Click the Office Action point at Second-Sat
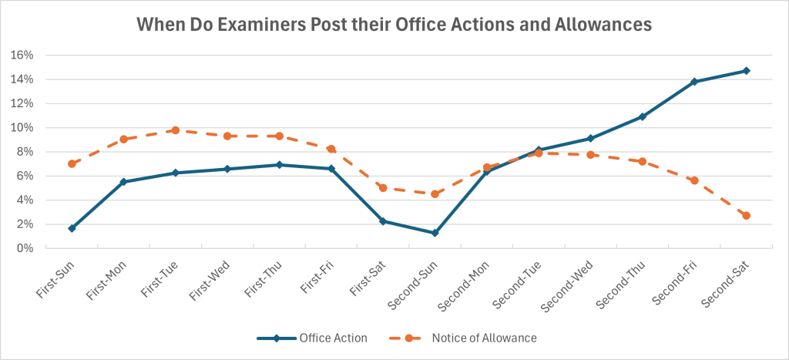[746, 71]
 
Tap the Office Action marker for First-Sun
[72, 228]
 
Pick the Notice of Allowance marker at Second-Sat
[746, 216]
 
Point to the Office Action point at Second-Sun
[435, 233]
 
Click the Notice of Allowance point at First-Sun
[72, 163]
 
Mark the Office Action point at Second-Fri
[694, 82]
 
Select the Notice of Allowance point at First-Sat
[383, 187]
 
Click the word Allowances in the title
[601, 25]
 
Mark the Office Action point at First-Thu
[279, 165]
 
